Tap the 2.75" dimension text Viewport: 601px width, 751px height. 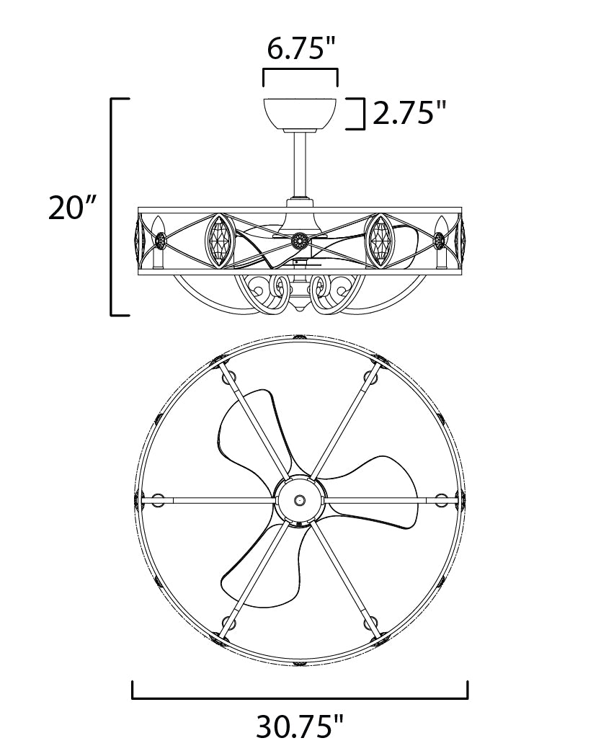(x=409, y=113)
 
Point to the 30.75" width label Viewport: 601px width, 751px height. (x=300, y=726)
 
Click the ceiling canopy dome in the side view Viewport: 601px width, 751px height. (x=300, y=113)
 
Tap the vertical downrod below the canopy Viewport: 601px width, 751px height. (x=300, y=164)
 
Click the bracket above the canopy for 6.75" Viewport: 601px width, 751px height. (x=300, y=71)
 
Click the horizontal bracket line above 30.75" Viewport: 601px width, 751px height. (x=300, y=698)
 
